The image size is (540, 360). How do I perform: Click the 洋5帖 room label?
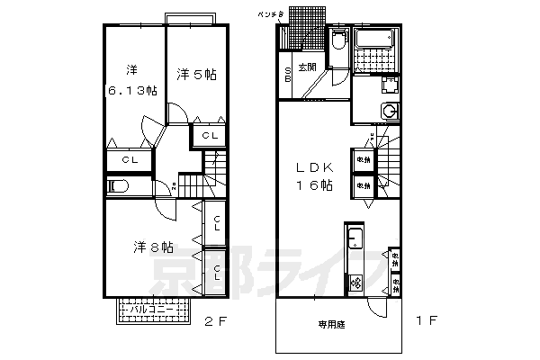tap(196, 75)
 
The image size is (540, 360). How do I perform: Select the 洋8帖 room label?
tap(154, 246)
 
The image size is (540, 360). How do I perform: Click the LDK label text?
tap(312, 167)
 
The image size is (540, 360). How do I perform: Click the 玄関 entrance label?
tap(307, 67)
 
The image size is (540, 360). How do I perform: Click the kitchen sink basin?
tap(354, 240)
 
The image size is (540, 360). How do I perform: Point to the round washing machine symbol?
tap(391, 110)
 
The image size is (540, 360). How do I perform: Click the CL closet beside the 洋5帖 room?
tap(209, 135)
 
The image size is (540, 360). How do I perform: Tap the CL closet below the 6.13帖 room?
tap(130, 160)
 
